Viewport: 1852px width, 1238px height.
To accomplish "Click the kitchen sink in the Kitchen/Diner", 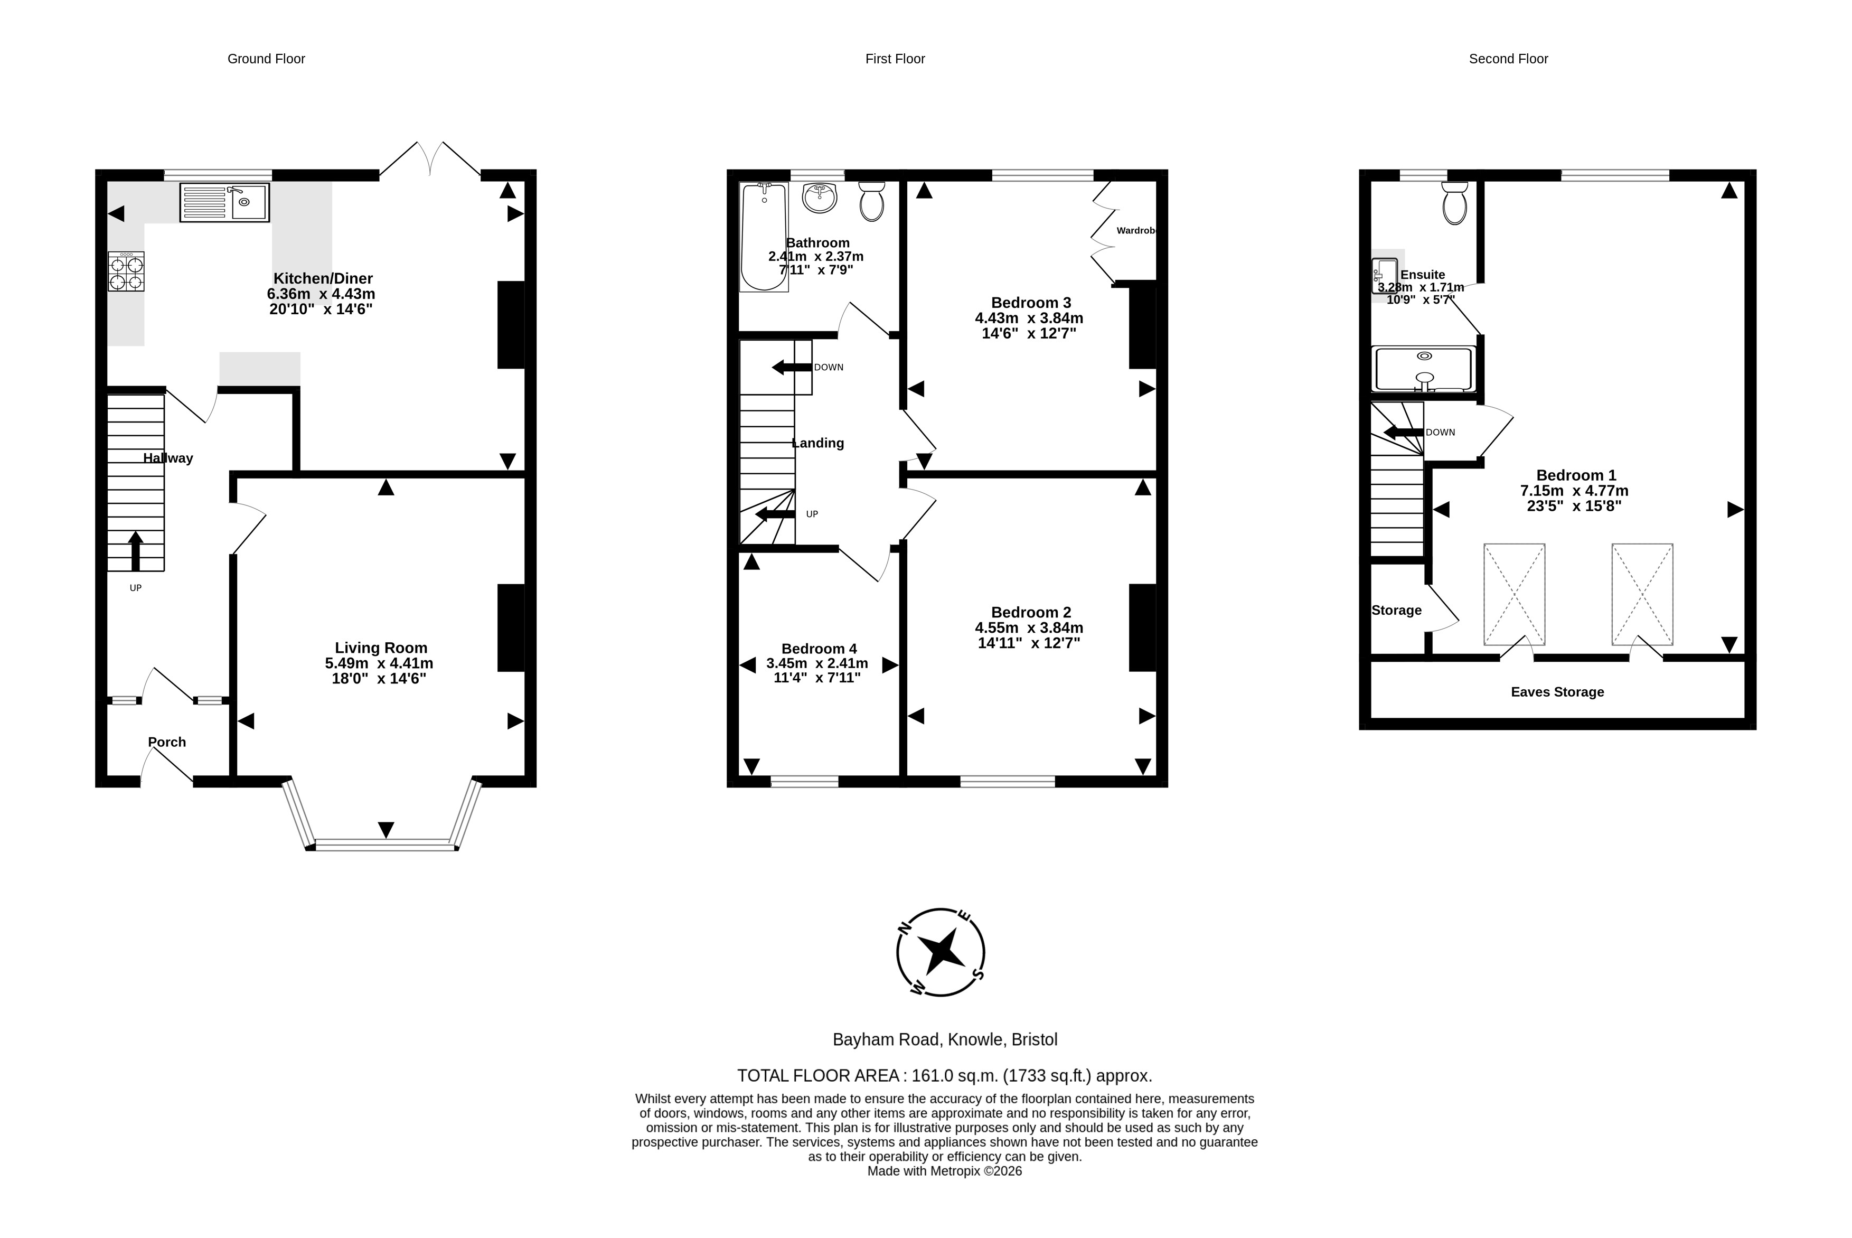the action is coord(224,203).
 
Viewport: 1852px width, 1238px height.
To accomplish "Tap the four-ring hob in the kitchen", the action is coord(126,271).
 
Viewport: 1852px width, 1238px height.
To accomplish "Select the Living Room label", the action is coord(381,648).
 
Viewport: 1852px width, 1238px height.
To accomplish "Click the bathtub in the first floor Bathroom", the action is coord(764,237).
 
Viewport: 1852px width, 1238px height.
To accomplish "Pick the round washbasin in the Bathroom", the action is coord(820,198).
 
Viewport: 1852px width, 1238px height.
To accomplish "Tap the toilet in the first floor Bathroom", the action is coord(871,201).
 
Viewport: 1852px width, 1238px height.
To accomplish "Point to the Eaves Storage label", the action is coord(1557,692).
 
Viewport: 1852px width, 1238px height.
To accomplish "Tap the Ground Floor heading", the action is coord(266,59).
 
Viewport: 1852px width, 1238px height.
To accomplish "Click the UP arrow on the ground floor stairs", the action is coord(136,551).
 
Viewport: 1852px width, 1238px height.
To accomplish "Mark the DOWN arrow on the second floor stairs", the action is coord(1404,433).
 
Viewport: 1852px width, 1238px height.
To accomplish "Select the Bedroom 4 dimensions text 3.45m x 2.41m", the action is coord(817,663).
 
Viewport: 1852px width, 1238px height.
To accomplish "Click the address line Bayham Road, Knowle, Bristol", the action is coord(945,1040).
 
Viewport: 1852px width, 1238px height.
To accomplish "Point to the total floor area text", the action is coord(945,1075).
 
